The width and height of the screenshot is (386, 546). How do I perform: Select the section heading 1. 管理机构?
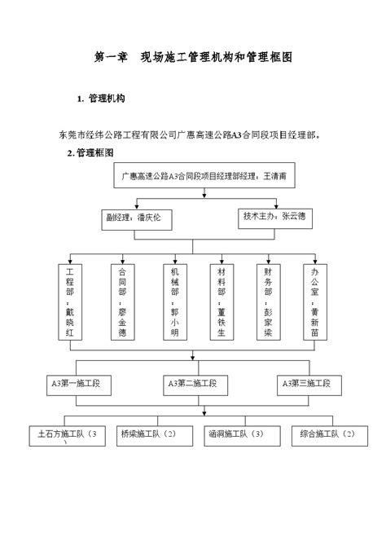coord(101,99)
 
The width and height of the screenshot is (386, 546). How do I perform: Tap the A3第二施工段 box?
coord(192,382)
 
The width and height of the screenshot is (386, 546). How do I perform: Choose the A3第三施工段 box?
coord(306,382)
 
